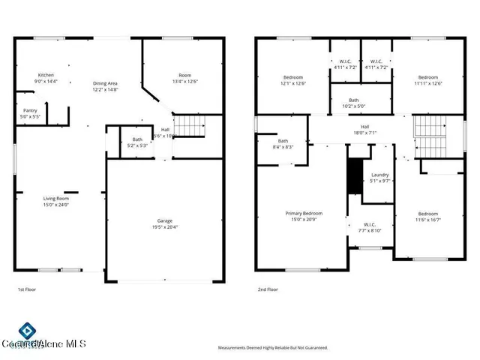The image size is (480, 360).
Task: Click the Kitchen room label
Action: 46,78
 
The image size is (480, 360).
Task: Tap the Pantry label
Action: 30,114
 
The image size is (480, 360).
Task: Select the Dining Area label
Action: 105,86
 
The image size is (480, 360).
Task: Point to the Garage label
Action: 165,223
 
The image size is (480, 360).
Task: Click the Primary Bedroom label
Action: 304,216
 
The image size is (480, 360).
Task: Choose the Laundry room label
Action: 380,178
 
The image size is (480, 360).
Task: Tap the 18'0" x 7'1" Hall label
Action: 364,130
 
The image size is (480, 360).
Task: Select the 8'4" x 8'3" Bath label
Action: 283,144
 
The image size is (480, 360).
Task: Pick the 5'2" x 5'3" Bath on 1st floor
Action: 137,142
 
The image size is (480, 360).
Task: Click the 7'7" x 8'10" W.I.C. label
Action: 369,227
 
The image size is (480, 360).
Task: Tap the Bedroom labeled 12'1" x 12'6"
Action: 292,80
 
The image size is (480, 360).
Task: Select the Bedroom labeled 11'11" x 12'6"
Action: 428,80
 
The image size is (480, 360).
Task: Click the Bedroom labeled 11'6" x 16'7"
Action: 428,216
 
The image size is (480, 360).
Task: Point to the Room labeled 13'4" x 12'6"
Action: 184,79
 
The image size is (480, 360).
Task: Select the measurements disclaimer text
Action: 273,348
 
